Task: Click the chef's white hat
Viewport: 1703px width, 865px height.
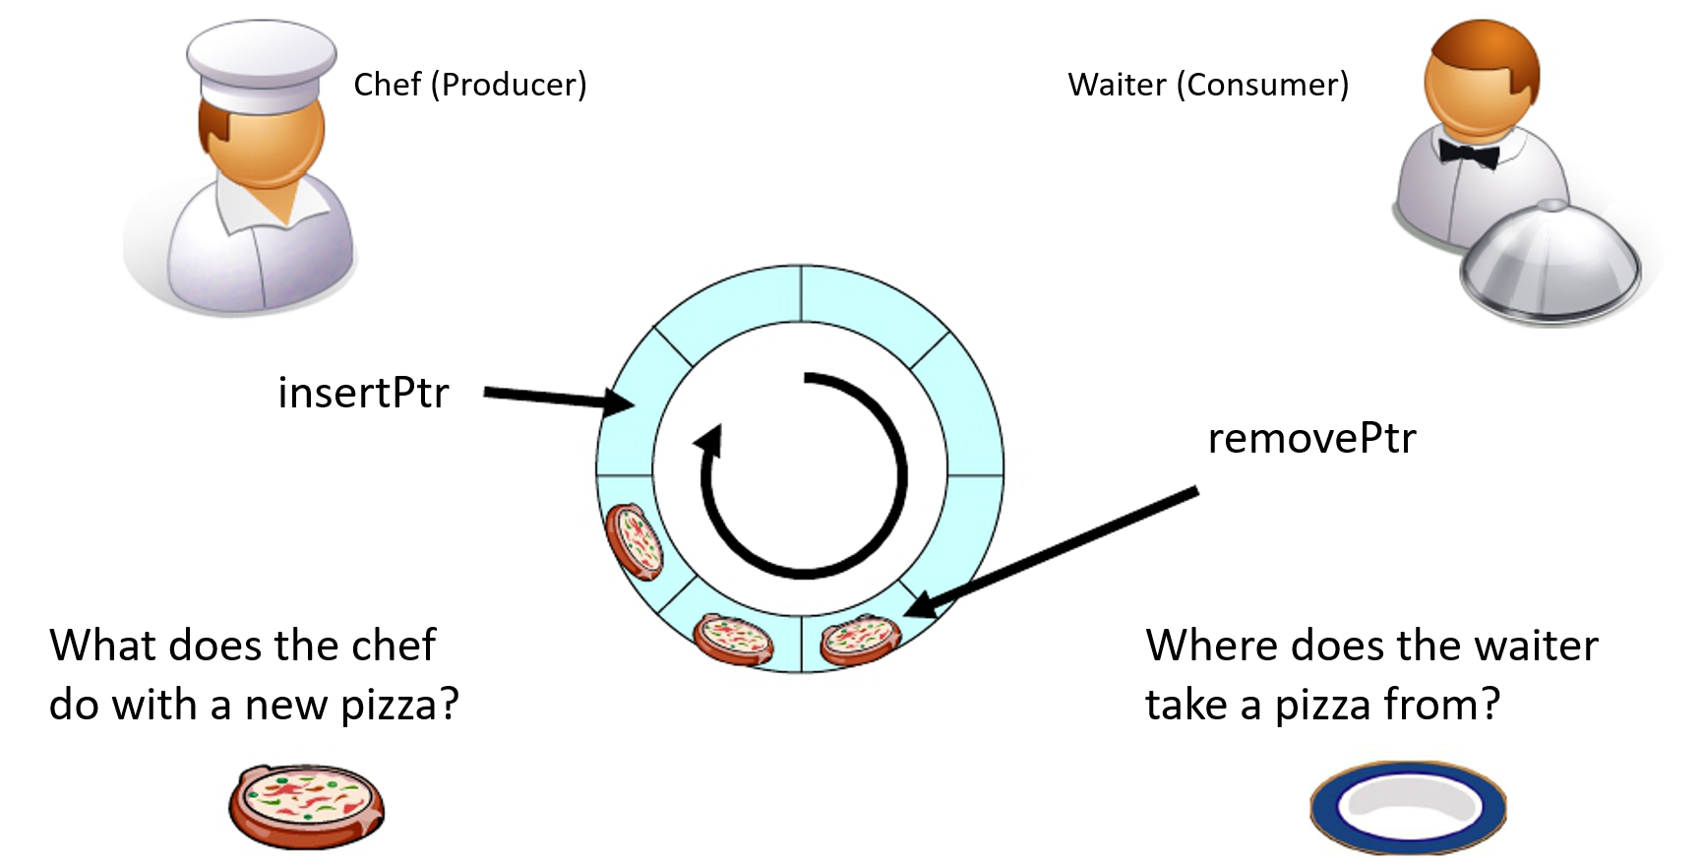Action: [261, 64]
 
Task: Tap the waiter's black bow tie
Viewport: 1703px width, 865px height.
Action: [1468, 154]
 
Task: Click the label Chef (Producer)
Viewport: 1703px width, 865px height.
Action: [469, 85]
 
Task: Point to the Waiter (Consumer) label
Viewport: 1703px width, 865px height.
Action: [1208, 85]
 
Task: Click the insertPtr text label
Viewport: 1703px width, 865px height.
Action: [363, 393]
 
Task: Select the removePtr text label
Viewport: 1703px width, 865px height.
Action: [1311, 438]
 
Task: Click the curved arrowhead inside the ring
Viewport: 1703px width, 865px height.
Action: [709, 441]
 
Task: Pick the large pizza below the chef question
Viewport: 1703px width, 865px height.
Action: [306, 805]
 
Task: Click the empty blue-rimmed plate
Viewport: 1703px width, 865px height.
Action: [1408, 806]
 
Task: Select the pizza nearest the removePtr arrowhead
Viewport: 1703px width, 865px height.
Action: [860, 639]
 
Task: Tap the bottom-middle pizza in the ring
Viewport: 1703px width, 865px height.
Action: [734, 639]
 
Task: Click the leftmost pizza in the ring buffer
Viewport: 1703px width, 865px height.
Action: [635, 539]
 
